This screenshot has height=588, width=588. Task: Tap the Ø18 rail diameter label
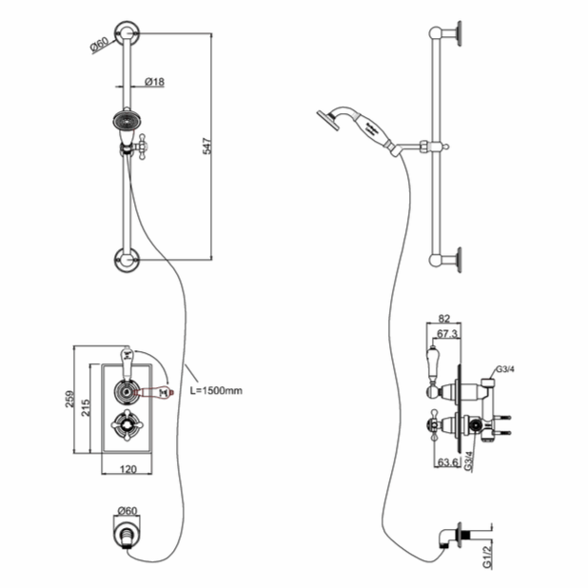(155, 83)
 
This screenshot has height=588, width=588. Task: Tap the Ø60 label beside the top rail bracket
(101, 44)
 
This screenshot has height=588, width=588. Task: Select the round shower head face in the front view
(124, 122)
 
